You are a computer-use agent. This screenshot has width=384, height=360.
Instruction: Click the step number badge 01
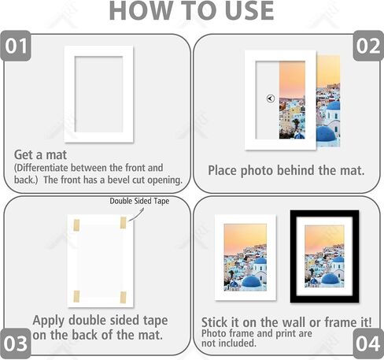[16, 46]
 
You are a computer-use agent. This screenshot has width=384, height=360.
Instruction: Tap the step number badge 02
[368, 46]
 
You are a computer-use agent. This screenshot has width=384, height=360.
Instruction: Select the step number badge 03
[16, 343]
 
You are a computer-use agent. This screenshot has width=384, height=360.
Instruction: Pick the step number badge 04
[368, 343]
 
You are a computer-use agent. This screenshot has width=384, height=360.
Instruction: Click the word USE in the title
[249, 10]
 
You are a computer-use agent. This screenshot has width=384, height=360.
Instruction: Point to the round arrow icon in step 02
[271, 98]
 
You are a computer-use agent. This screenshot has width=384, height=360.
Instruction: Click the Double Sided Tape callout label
[139, 201]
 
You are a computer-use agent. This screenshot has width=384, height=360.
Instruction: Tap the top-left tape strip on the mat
[76, 225]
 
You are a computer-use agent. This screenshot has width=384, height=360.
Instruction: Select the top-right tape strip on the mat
[123, 223]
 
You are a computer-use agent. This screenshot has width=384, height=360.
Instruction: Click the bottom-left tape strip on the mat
[76, 296]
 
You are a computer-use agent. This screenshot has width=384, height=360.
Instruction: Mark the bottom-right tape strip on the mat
[123, 297]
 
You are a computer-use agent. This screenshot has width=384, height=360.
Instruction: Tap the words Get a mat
[40, 154]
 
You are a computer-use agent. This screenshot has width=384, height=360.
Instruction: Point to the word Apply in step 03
[49, 321]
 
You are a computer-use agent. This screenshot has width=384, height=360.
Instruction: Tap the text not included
[228, 343]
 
